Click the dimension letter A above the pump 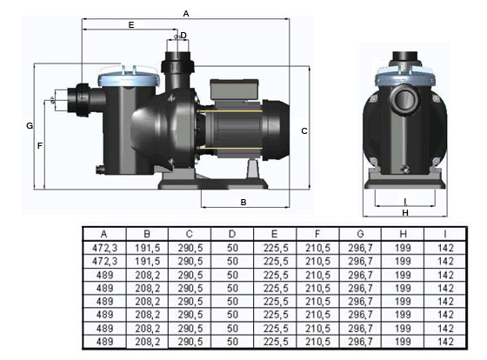point(186,14)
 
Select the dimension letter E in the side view point(131,25)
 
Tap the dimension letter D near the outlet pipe point(183,36)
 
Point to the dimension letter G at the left point(30,126)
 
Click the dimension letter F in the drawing point(40,146)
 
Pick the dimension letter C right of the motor point(304,131)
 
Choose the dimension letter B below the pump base point(243,203)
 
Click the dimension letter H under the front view point(405,213)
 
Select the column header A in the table point(103,234)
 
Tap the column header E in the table point(274,234)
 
